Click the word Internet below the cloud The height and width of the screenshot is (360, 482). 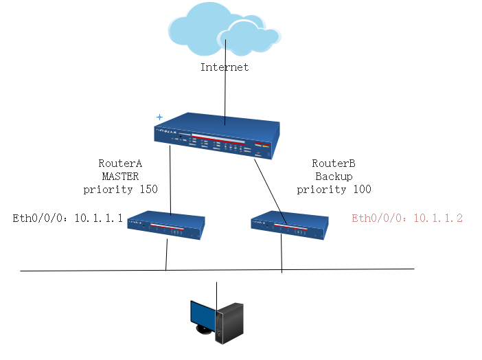click(224, 67)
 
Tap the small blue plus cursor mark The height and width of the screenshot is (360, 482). click(159, 117)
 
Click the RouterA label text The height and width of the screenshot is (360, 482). click(120, 164)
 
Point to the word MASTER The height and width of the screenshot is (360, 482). click(120, 177)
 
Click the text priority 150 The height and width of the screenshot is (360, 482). click(120, 189)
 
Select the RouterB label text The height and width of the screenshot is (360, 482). click(334, 164)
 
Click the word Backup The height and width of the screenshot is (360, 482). click(334, 177)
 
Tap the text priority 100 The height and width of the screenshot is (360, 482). click(334, 189)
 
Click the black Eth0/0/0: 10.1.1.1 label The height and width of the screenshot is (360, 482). click(68, 218)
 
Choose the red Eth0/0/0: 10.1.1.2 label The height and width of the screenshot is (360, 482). click(407, 218)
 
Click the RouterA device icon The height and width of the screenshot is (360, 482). click(167, 225)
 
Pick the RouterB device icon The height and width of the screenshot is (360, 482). click(286, 225)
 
